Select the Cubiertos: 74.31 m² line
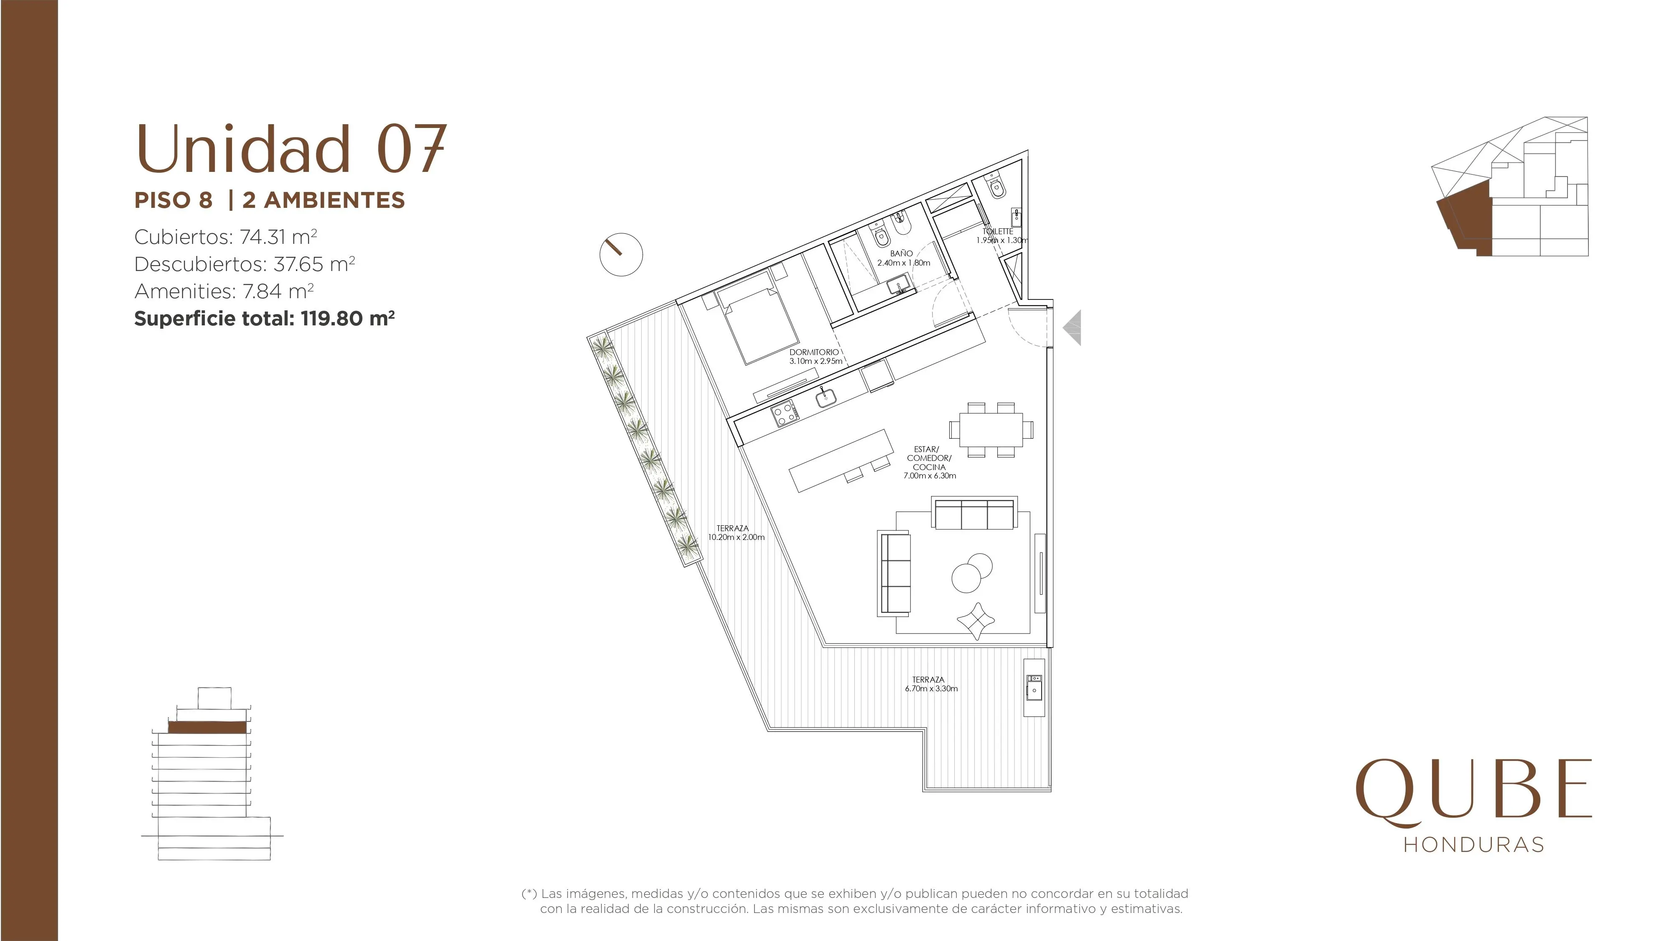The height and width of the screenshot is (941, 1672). point(225,237)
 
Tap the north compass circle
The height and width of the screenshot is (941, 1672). point(621,255)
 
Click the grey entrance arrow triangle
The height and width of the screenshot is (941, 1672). point(1072,328)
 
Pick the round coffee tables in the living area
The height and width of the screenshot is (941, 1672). point(972,573)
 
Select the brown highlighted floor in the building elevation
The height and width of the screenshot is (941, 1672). point(207,727)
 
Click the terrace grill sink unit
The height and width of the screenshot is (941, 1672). point(1035,687)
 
